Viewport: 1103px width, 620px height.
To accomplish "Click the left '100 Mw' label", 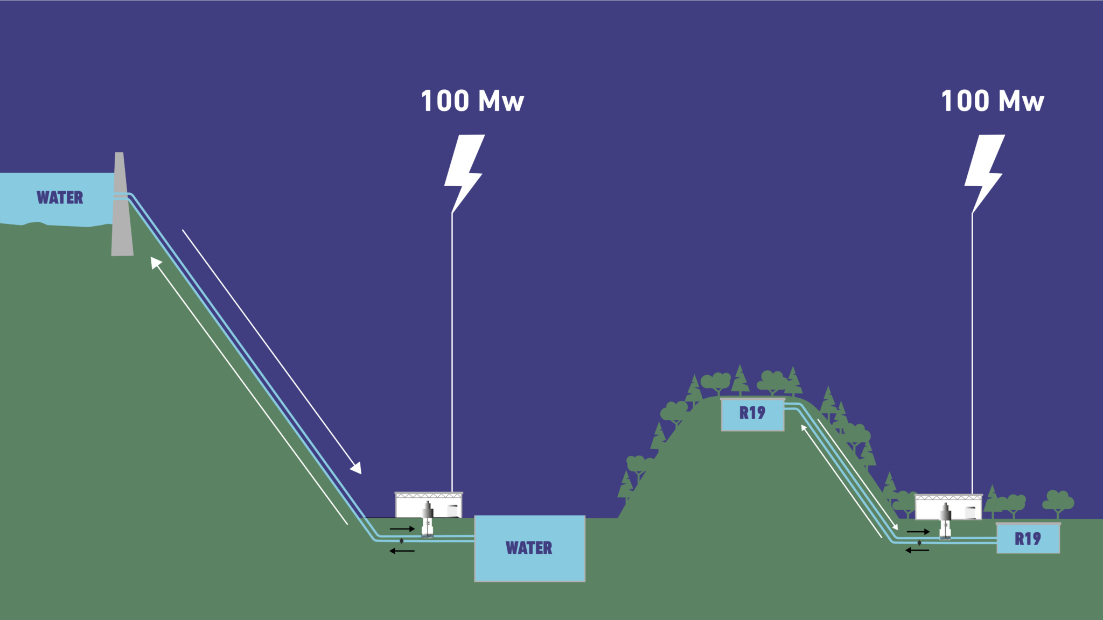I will tap(472, 101).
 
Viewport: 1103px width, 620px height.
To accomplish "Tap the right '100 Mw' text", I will tap(992, 101).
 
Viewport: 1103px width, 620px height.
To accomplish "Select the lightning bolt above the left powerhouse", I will tap(464, 172).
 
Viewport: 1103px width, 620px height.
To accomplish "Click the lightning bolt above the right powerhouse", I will tap(984, 172).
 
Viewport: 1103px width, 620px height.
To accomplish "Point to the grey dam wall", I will tap(121, 210).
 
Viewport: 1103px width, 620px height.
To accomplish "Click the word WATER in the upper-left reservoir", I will tap(60, 198).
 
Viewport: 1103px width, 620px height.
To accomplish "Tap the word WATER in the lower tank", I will tap(529, 548).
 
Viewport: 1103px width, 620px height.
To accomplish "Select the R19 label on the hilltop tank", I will tap(752, 413).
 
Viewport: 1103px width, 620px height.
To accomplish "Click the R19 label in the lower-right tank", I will tap(1028, 539).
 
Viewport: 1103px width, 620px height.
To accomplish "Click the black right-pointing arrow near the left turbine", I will tap(402, 529).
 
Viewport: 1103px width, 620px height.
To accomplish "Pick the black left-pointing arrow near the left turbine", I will tap(402, 551).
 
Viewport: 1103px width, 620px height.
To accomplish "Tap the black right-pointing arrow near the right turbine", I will tap(918, 532).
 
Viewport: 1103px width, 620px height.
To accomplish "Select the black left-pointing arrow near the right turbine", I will tap(917, 550).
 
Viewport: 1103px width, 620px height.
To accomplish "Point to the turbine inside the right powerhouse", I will tap(945, 522).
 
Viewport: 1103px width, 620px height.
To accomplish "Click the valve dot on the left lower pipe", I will tap(401, 541).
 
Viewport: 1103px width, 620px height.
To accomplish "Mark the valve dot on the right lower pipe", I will tap(919, 543).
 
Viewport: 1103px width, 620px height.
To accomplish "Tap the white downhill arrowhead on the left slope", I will tap(356, 468).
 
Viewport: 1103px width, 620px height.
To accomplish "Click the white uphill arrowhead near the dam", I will tap(156, 262).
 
